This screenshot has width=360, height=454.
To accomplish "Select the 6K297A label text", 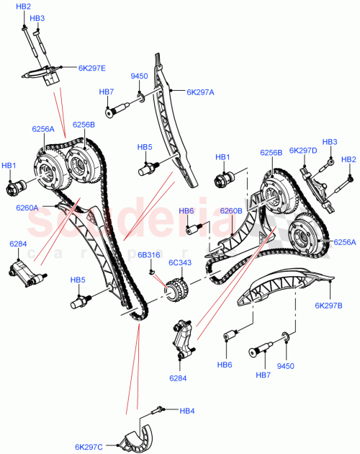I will click(202, 92).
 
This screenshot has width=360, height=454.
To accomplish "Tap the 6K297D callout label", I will click(303, 151).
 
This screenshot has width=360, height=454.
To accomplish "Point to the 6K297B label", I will click(328, 306).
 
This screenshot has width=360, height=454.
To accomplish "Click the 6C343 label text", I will click(179, 262).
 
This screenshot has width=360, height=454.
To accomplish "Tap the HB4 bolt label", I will click(187, 411).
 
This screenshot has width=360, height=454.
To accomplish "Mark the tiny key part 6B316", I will click(153, 272).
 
